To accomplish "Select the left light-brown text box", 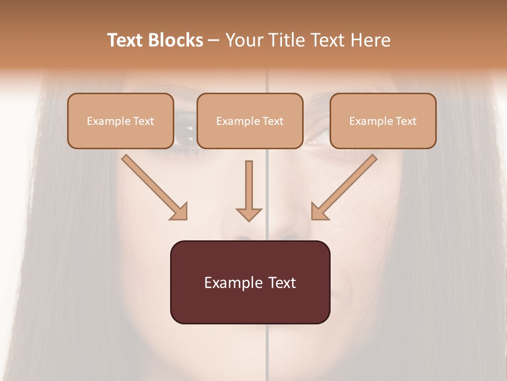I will click(120, 121).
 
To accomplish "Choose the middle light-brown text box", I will click(250, 121).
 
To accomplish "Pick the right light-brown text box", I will click(383, 121).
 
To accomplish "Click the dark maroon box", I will click(250, 282).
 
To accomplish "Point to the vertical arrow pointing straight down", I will click(249, 190).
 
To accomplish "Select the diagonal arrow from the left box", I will click(153, 186).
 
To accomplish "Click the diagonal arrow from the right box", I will click(345, 186).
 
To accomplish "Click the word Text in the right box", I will click(406, 121).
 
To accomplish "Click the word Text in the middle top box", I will click(273, 121).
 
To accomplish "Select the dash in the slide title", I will click(214, 41).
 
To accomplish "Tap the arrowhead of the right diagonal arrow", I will click(320, 211).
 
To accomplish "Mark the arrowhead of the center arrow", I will click(249, 214).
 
